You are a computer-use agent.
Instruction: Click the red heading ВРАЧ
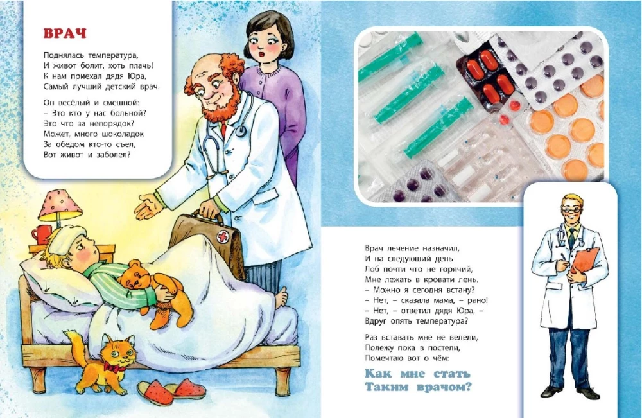(65, 33)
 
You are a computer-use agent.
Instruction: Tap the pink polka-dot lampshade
(60, 205)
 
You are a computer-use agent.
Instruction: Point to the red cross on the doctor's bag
(223, 237)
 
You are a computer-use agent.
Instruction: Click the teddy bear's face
(134, 280)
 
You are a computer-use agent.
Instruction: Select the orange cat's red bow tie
(114, 367)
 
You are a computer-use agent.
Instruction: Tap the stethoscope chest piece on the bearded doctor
(241, 131)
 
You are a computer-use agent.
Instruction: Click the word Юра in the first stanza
(138, 76)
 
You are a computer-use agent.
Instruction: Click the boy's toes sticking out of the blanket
(282, 298)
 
